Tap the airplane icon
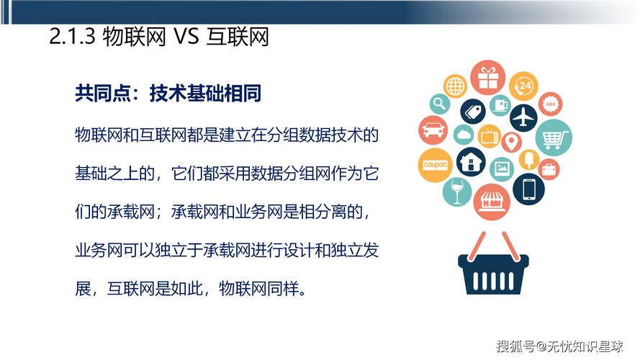[525, 117]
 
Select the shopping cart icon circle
[553, 137]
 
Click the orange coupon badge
[436, 165]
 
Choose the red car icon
[433, 131]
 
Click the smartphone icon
[529, 189]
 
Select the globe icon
[456, 86]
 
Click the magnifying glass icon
[439, 104]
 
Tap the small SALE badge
[551, 104]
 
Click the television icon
[490, 134]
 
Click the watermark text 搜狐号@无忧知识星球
[559, 346]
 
